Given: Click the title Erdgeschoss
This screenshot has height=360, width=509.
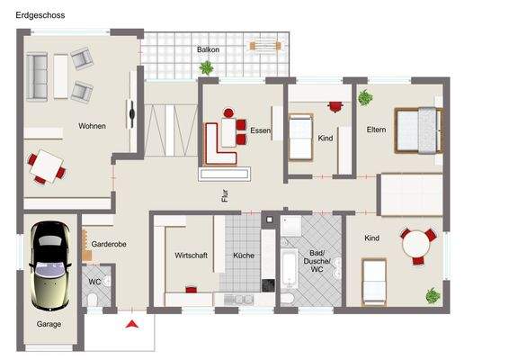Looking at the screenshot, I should pos(39,15).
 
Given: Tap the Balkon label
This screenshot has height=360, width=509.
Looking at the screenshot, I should pos(208,49).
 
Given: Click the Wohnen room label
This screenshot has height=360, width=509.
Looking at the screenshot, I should pos(92,126).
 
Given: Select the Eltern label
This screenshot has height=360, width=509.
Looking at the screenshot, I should pos(376,130).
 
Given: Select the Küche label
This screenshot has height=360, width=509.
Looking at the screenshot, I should pos(243,256).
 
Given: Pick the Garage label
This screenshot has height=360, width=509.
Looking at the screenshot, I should pos(49,324).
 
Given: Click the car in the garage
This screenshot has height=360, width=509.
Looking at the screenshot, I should pos(48,265).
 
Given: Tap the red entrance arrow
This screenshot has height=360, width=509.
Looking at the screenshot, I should pos(132,323).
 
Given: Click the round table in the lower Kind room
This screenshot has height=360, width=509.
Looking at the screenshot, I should pos(415,243).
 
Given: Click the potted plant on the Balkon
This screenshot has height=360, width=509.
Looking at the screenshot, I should pos(208,67).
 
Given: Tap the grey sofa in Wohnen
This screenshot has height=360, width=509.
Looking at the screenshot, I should pos(38,76).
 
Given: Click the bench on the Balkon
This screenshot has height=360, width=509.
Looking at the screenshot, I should pos(265,44).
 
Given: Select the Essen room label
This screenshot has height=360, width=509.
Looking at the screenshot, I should pos(260,130).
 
